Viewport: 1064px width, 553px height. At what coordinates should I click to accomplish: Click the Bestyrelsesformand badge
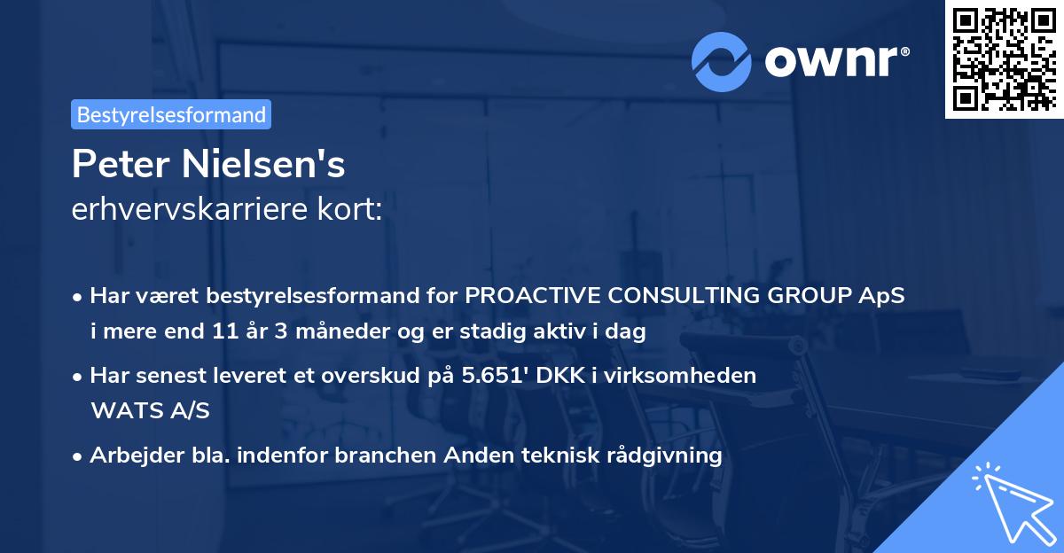click(x=171, y=114)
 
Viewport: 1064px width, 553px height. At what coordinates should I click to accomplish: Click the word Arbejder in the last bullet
click(x=129, y=456)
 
